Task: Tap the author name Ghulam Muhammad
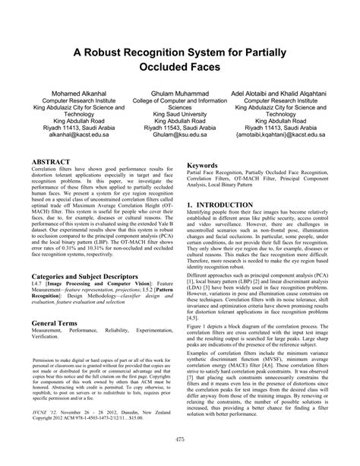179,91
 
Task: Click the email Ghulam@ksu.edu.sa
179,133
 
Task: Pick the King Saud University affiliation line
179,116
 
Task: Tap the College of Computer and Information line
179,100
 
